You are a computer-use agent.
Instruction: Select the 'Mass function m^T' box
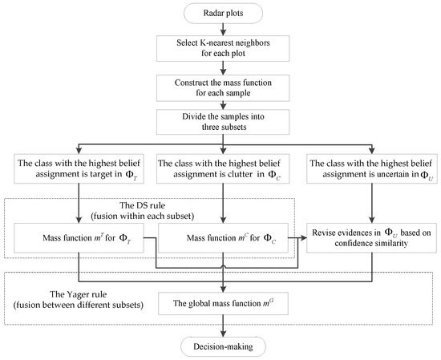click(x=85, y=239)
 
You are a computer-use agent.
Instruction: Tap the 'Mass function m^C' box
click(x=224, y=239)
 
